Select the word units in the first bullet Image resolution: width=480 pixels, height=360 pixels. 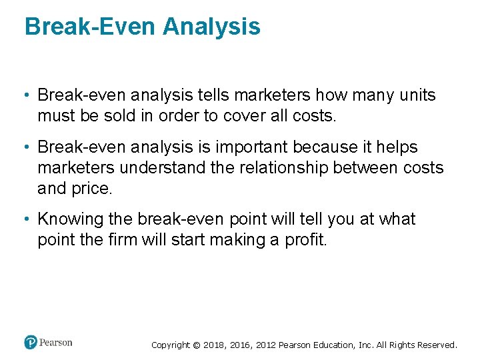pyautogui.click(x=418, y=95)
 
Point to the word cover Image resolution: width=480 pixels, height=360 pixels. pyautogui.click(x=243, y=115)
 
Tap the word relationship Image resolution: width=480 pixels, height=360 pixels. pyautogui.click(x=283, y=167)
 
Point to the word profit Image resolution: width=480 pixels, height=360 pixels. pyautogui.click(x=305, y=240)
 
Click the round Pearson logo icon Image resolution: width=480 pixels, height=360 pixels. pyautogui.click(x=31, y=343)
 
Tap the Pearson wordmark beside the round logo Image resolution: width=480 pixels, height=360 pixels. pyautogui.click(x=56, y=343)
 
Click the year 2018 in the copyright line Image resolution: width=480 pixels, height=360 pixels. pyautogui.click(x=215, y=345)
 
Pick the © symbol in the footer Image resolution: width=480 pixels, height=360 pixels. pyautogui.click(x=196, y=345)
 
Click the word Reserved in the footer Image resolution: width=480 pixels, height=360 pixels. pyautogui.click(x=437, y=345)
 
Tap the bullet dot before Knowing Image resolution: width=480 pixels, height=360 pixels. pyautogui.click(x=29, y=219)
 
